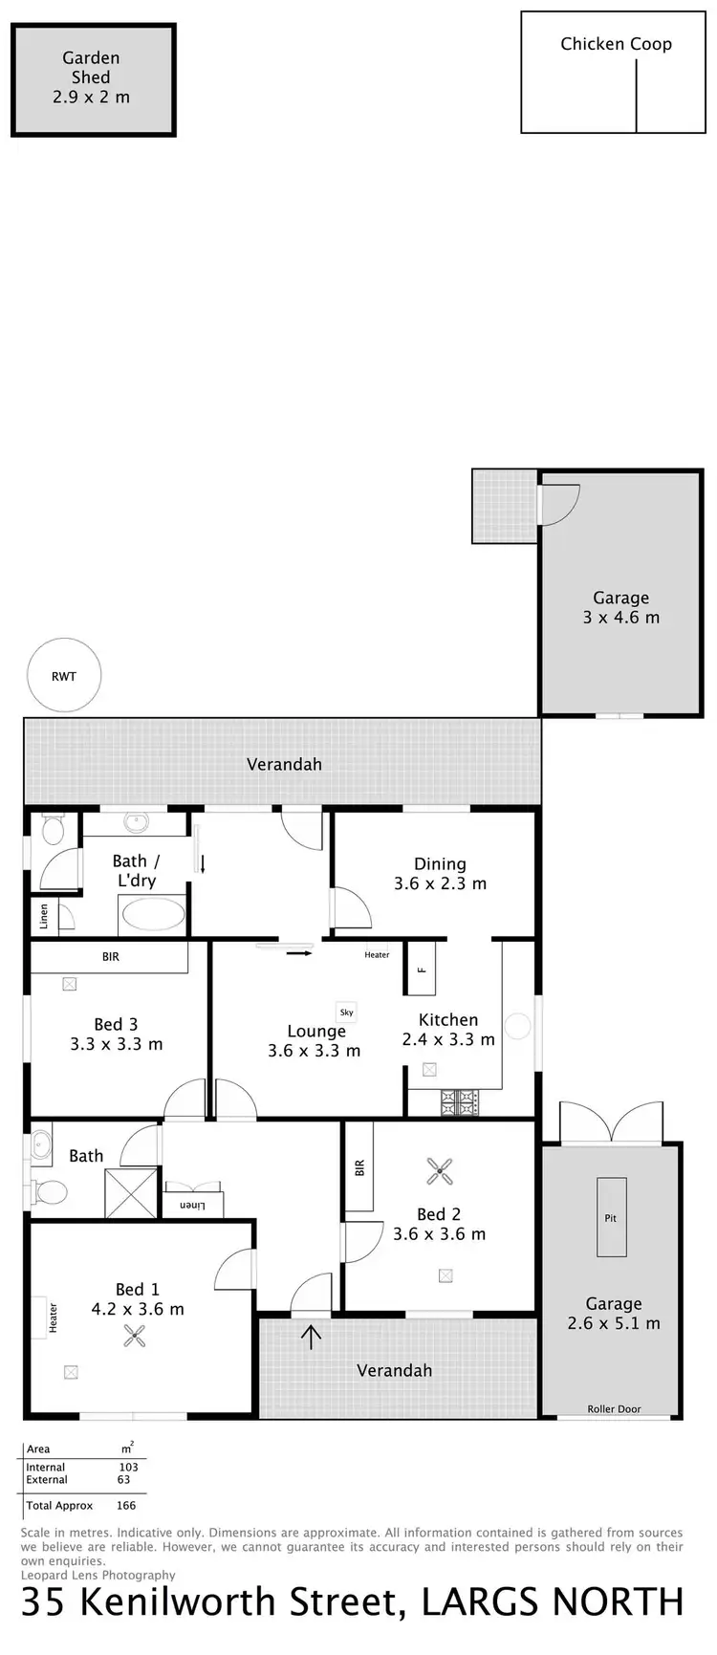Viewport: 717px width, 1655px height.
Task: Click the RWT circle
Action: coord(64,676)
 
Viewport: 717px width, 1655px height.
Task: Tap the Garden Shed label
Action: coord(92,77)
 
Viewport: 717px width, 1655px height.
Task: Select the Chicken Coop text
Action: coord(616,44)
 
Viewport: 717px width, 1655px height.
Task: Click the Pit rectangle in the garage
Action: coord(611,1217)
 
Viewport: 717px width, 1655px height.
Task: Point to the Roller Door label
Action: coord(615,1408)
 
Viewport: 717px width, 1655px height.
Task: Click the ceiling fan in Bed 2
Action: coord(440,1169)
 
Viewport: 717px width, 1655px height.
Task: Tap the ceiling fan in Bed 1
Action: coord(134,1336)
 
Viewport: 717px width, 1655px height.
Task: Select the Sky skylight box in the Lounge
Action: coord(346,1012)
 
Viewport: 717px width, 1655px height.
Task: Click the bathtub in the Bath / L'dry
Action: coord(152,914)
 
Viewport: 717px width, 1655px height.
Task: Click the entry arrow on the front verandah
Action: coord(312,1336)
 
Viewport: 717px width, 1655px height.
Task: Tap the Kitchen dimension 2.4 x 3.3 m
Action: coord(448,1039)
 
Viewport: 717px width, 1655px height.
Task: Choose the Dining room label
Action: coord(440,863)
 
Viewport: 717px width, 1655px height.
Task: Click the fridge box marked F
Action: coord(421,970)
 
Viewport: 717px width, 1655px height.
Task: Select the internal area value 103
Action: coord(128,1467)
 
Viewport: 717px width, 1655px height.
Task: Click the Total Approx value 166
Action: coord(125,1505)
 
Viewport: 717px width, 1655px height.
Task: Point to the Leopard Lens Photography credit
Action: coord(98,1575)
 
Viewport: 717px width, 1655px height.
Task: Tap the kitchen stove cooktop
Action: coord(458,1103)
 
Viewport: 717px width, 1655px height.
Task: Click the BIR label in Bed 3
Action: coord(111,956)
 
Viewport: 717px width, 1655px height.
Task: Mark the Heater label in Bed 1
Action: coord(53,1317)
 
